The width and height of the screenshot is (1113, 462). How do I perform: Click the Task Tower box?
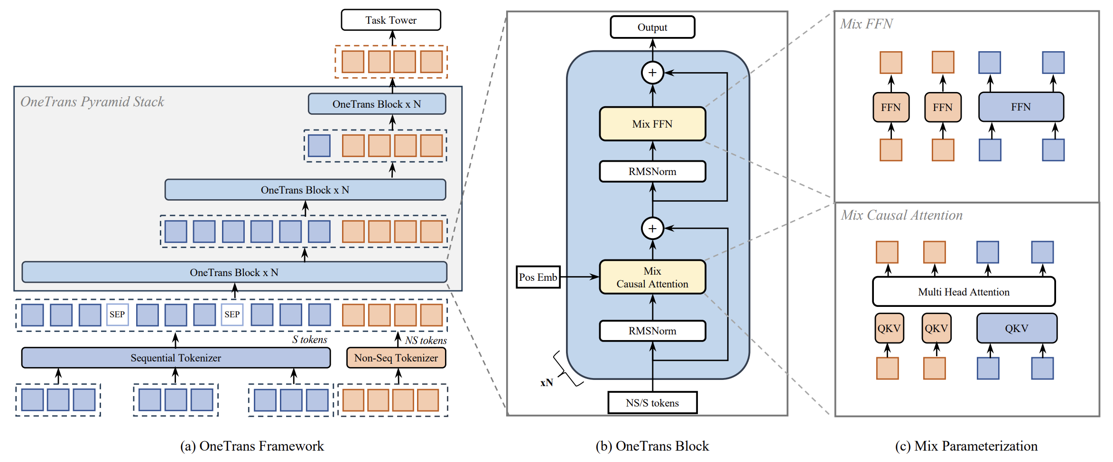pyautogui.click(x=391, y=20)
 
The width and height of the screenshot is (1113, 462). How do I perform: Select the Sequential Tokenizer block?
pyautogui.click(x=176, y=358)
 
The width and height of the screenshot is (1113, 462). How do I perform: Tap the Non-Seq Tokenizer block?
pyautogui.click(x=396, y=358)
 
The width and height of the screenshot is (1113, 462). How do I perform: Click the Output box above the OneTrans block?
pyautogui.click(x=652, y=28)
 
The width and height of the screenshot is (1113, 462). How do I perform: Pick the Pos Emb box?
pyautogui.click(x=538, y=277)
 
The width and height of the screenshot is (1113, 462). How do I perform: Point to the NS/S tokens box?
pyautogui.click(x=652, y=403)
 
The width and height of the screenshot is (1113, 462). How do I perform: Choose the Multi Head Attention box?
pyautogui.click(x=964, y=292)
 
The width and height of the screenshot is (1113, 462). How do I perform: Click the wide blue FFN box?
pyautogui.click(x=1020, y=107)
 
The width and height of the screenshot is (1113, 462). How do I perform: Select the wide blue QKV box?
pyautogui.click(x=1016, y=328)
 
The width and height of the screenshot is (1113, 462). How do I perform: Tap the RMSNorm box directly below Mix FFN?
pyautogui.click(x=652, y=172)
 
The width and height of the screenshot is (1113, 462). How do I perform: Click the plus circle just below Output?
pyautogui.click(x=652, y=73)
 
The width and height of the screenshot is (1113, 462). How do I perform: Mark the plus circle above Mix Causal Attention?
pyautogui.click(x=652, y=229)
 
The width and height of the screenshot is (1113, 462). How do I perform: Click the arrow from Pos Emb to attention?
pyautogui.click(x=580, y=277)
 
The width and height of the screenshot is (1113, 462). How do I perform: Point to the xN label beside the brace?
pyautogui.click(x=547, y=383)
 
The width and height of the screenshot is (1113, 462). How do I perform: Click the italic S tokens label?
pyautogui.click(x=309, y=340)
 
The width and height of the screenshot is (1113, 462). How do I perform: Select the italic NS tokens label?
pyautogui.click(x=426, y=341)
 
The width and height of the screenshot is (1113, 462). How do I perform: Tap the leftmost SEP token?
pyautogui.click(x=117, y=314)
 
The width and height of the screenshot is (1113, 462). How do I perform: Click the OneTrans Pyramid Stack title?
pyautogui.click(x=92, y=102)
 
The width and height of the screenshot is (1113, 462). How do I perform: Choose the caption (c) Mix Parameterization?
pyautogui.click(x=966, y=446)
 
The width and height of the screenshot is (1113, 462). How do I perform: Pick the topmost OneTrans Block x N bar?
pyautogui.click(x=377, y=104)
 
